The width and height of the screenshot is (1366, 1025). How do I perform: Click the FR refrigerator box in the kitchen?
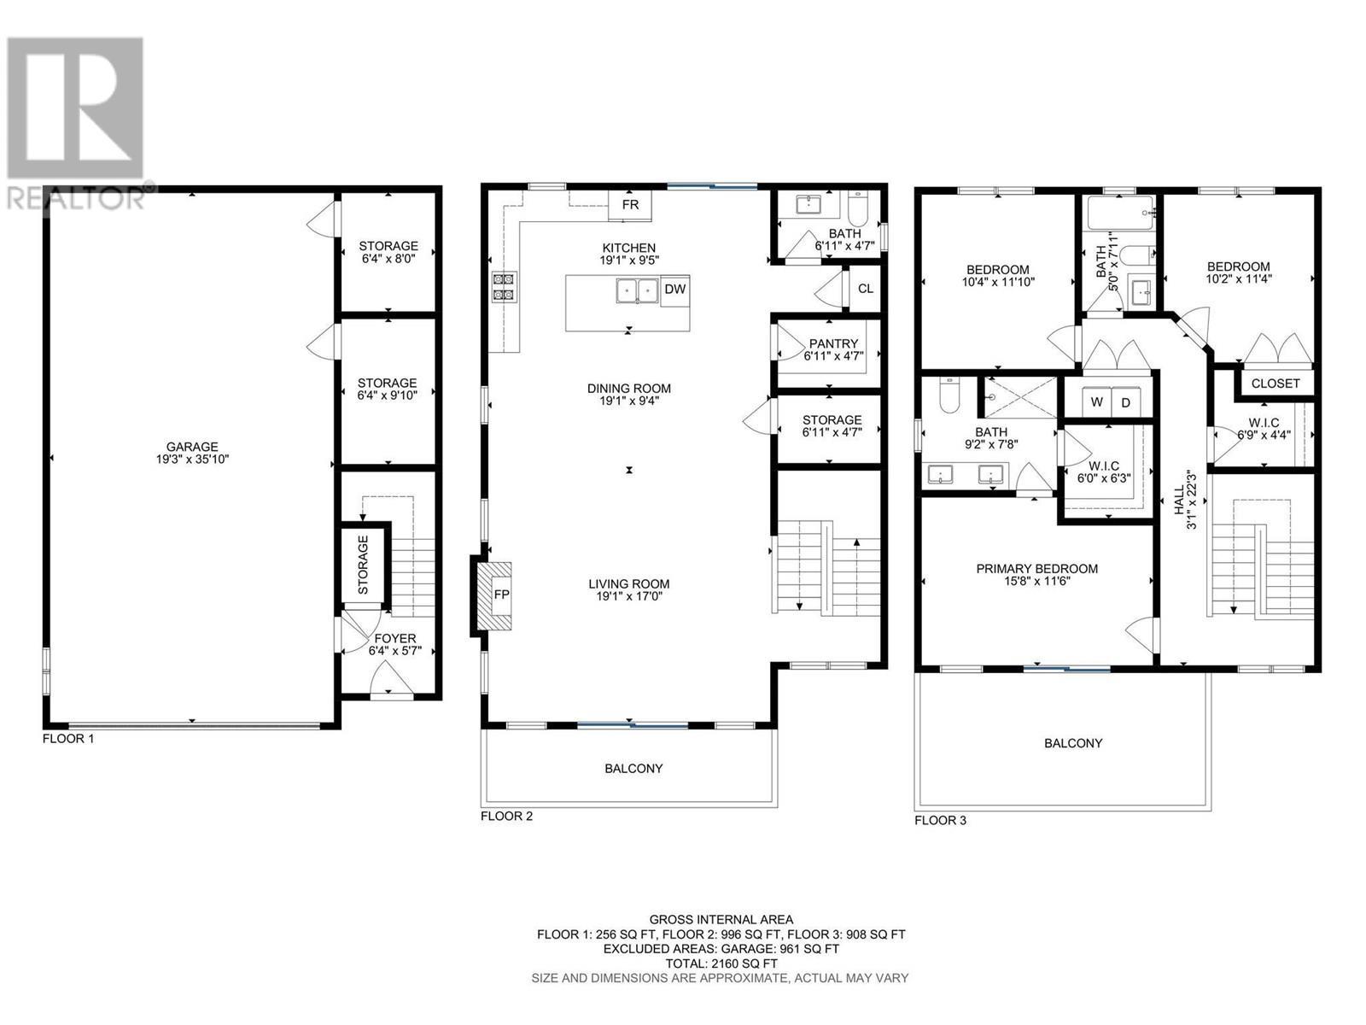(630, 205)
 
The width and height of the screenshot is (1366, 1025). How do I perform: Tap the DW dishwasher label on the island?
(674, 290)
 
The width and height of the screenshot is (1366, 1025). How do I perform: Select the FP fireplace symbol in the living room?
(501, 594)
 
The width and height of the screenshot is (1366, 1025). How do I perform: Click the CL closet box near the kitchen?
(865, 289)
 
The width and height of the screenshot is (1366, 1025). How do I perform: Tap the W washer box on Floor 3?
(1096, 402)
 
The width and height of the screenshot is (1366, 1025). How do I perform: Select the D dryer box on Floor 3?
(1125, 402)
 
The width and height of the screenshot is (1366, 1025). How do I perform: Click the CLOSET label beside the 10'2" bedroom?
(1275, 384)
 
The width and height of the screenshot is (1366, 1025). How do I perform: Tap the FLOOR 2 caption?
(506, 816)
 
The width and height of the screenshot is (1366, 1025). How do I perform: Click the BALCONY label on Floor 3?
(1073, 743)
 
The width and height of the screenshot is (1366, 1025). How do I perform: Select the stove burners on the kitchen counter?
(503, 287)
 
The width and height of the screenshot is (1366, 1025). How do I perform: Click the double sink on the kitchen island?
(637, 290)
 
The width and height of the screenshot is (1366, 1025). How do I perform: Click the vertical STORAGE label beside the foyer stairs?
(363, 565)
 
